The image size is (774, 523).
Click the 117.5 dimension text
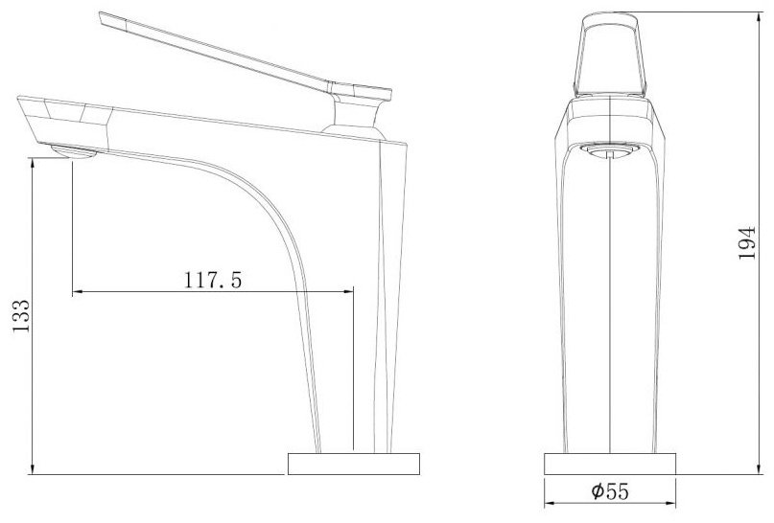click(213, 280)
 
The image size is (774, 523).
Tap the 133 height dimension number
click(21, 315)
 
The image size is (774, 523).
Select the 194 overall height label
click(747, 242)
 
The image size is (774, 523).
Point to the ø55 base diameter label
click(610, 491)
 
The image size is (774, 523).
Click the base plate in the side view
click(354, 464)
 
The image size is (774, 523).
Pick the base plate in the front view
click(610, 464)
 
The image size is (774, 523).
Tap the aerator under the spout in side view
click(74, 151)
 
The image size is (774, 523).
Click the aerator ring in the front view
click(611, 150)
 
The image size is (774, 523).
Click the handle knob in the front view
click(611, 55)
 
